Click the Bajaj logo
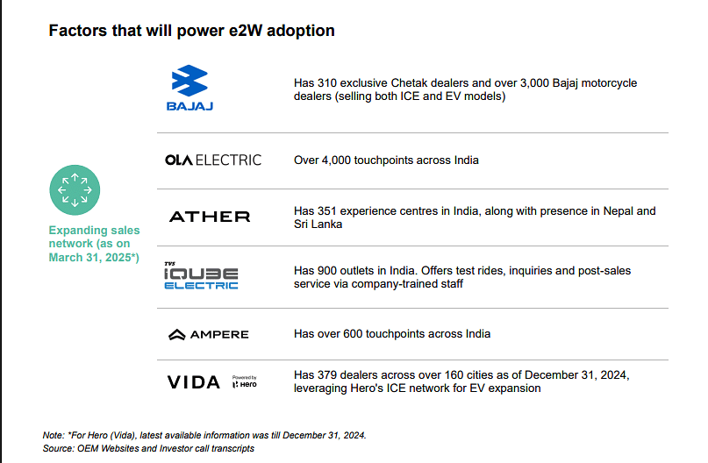pos(190,88)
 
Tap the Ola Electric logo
pos(213,160)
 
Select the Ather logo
pos(210,217)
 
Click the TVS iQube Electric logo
pos(201,275)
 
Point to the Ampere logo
pos(209,334)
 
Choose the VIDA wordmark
pos(194,382)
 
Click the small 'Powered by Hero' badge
pos(244,381)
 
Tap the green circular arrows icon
pos(75,190)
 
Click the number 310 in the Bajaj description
pos(327,83)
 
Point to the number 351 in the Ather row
pos(327,211)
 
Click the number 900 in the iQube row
pos(327,271)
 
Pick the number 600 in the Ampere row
pos(353,334)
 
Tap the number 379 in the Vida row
pos(327,375)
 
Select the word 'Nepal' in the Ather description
pos(619,211)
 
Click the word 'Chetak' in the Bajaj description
pos(407,83)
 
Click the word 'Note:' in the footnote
pos(54,436)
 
